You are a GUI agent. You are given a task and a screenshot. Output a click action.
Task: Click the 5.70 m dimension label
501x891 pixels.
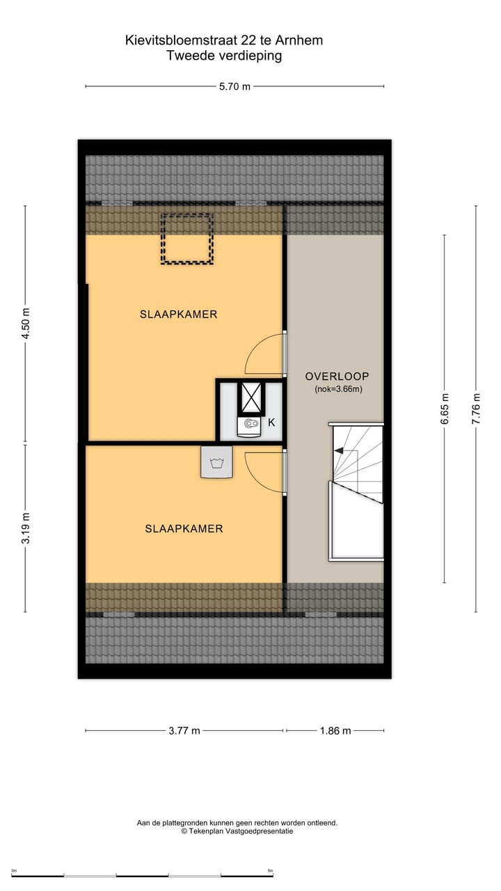coord(234,86)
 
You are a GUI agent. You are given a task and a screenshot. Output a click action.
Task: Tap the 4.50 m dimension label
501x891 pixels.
coord(26,324)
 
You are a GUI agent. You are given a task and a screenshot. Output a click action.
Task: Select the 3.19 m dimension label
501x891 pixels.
coord(26,528)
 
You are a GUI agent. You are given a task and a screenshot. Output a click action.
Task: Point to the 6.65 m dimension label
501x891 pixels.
coord(445,409)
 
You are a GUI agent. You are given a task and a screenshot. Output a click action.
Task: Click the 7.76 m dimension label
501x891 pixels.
coord(476,409)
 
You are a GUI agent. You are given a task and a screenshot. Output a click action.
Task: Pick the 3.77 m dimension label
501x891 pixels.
coord(185,730)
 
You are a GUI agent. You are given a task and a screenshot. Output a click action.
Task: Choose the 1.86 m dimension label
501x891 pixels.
coord(336,730)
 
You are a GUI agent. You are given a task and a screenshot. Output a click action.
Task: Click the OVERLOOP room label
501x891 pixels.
coord(336,377)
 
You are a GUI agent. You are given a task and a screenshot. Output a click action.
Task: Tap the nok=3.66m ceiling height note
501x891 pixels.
coord(337,390)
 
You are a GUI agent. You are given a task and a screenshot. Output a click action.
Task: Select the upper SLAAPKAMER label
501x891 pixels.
coord(178,315)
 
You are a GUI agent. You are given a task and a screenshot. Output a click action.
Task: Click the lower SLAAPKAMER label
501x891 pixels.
coord(184,529)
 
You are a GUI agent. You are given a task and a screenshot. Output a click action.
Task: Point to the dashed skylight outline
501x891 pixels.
coord(186,239)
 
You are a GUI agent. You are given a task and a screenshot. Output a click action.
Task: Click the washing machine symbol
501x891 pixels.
coord(216,462)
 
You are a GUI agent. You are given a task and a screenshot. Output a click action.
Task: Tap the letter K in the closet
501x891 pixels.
coord(271,423)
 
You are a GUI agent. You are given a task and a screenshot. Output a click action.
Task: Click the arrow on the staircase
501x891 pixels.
coord(339,451)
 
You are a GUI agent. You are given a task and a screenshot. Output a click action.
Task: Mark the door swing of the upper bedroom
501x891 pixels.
coord(264,355)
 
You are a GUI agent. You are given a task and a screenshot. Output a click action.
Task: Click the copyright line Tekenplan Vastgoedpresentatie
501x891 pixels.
coord(237,831)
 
